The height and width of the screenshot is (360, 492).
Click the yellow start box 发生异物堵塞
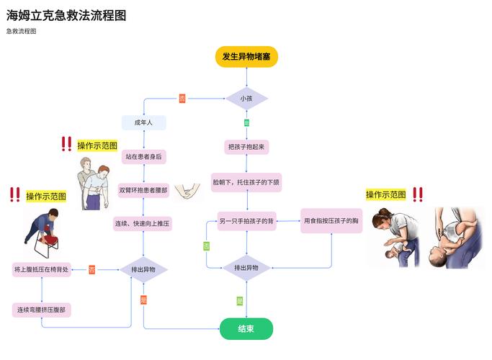(x=246, y=56)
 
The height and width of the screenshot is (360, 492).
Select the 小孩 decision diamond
(x=246, y=98)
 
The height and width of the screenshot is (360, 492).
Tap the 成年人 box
(x=143, y=123)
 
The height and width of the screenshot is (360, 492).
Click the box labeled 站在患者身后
(x=143, y=156)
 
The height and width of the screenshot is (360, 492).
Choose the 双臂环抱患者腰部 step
(x=143, y=190)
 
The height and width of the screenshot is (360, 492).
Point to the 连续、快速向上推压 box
(x=143, y=224)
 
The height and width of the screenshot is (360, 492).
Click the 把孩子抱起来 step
(x=246, y=147)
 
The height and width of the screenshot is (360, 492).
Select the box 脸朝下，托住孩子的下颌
(x=246, y=183)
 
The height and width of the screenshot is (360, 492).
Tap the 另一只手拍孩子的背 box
(x=246, y=221)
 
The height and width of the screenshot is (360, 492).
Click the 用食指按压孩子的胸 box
(x=331, y=221)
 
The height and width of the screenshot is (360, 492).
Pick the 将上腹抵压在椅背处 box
(x=42, y=269)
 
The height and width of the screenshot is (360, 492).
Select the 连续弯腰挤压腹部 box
(x=42, y=310)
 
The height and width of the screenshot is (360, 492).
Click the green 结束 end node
(x=246, y=328)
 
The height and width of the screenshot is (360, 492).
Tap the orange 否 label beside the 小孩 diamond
(x=182, y=98)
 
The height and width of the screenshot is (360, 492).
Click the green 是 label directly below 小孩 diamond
(x=246, y=123)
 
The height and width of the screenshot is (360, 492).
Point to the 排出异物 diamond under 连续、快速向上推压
(x=143, y=269)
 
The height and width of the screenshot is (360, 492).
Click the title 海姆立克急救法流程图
(x=66, y=15)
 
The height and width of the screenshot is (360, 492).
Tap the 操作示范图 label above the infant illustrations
(x=385, y=194)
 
